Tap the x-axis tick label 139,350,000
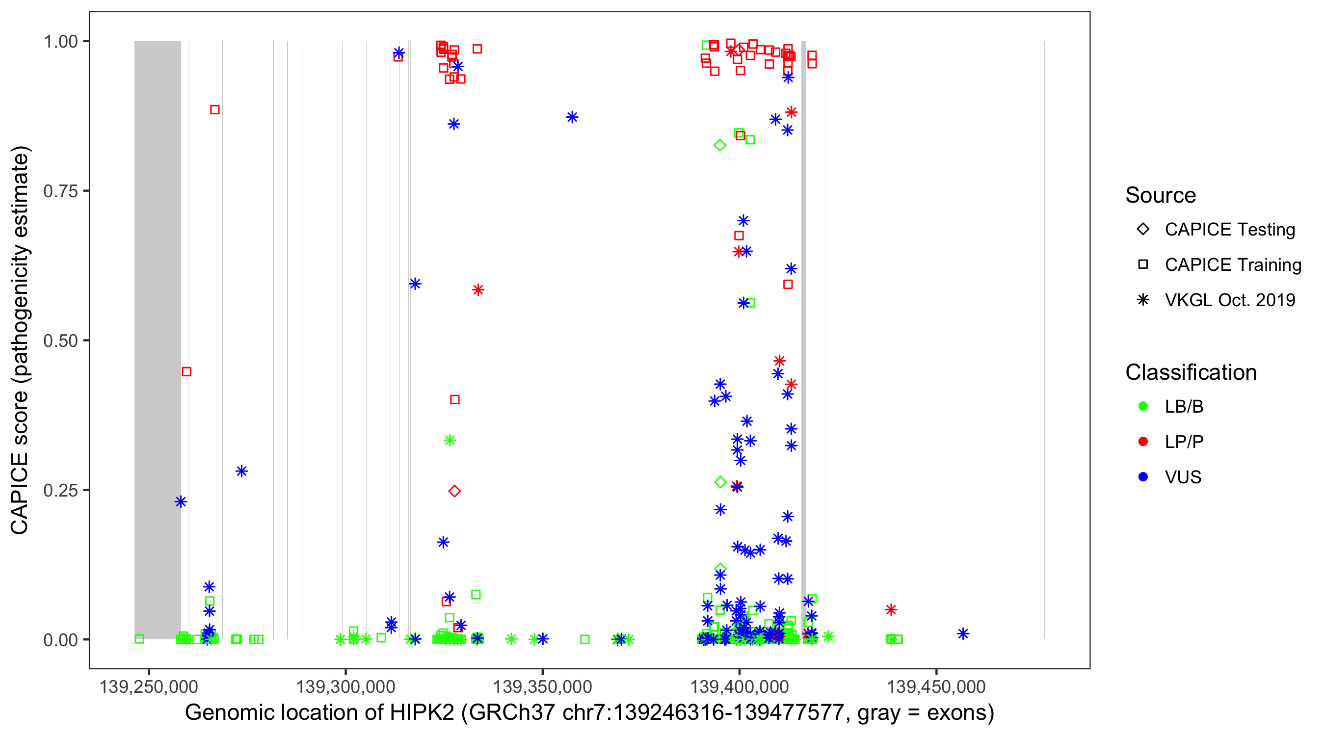[x=542, y=686]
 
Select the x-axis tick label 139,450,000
[x=936, y=686]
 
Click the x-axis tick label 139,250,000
[x=149, y=686]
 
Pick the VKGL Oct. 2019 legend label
[x=1229, y=300]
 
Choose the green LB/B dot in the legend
[x=1143, y=406]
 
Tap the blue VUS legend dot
[x=1143, y=477]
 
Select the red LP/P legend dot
[x=1143, y=442]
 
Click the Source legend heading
[x=1161, y=195]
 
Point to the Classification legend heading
[x=1191, y=372]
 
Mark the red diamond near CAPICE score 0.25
[x=454, y=491]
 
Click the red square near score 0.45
[x=186, y=371]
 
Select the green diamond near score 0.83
[x=720, y=145]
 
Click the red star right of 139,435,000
[x=891, y=609]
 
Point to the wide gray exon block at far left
[x=158, y=340]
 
